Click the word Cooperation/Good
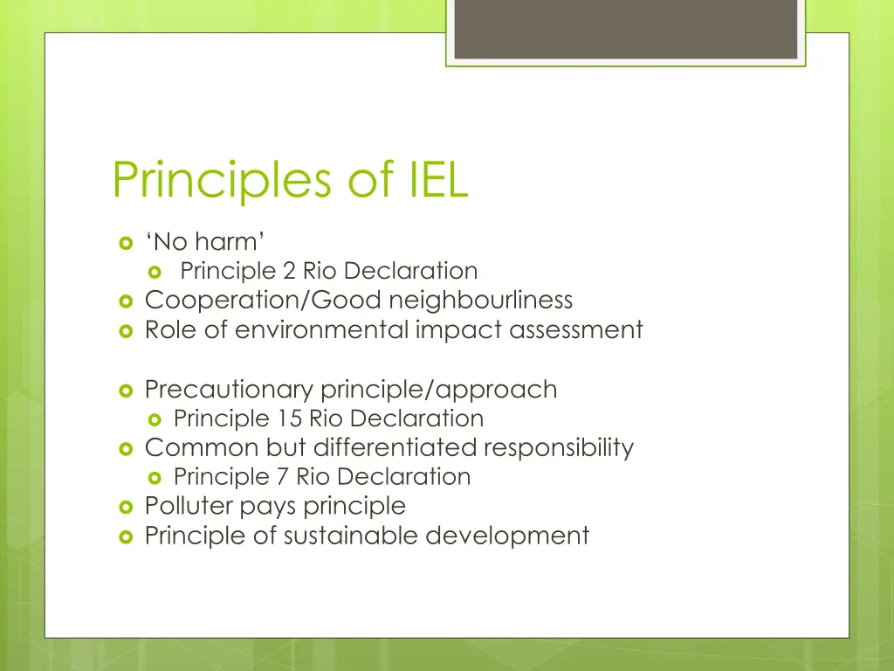(263, 301)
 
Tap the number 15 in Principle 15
(290, 419)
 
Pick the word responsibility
(559, 448)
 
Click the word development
(507, 536)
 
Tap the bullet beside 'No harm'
(124, 243)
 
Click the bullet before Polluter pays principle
(124, 507)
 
